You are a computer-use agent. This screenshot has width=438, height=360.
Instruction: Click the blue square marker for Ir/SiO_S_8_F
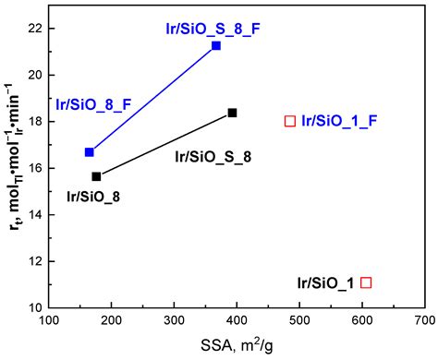(x=216, y=45)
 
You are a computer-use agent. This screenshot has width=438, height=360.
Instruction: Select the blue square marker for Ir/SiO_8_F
(x=90, y=152)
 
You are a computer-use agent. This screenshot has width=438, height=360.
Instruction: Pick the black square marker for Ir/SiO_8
(x=96, y=176)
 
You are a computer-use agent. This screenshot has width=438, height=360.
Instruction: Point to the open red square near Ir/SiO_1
(x=367, y=282)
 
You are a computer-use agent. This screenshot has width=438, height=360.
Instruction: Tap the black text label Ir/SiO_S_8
(x=213, y=157)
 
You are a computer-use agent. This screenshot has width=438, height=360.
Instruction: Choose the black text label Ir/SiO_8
(x=92, y=196)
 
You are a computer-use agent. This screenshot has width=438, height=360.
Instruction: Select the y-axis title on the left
(x=15, y=167)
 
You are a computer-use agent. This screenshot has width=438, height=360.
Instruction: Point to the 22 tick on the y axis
(x=34, y=28)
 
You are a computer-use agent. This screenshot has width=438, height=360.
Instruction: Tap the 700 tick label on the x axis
(x=424, y=322)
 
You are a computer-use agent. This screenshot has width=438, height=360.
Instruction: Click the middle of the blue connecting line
(x=152, y=99)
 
